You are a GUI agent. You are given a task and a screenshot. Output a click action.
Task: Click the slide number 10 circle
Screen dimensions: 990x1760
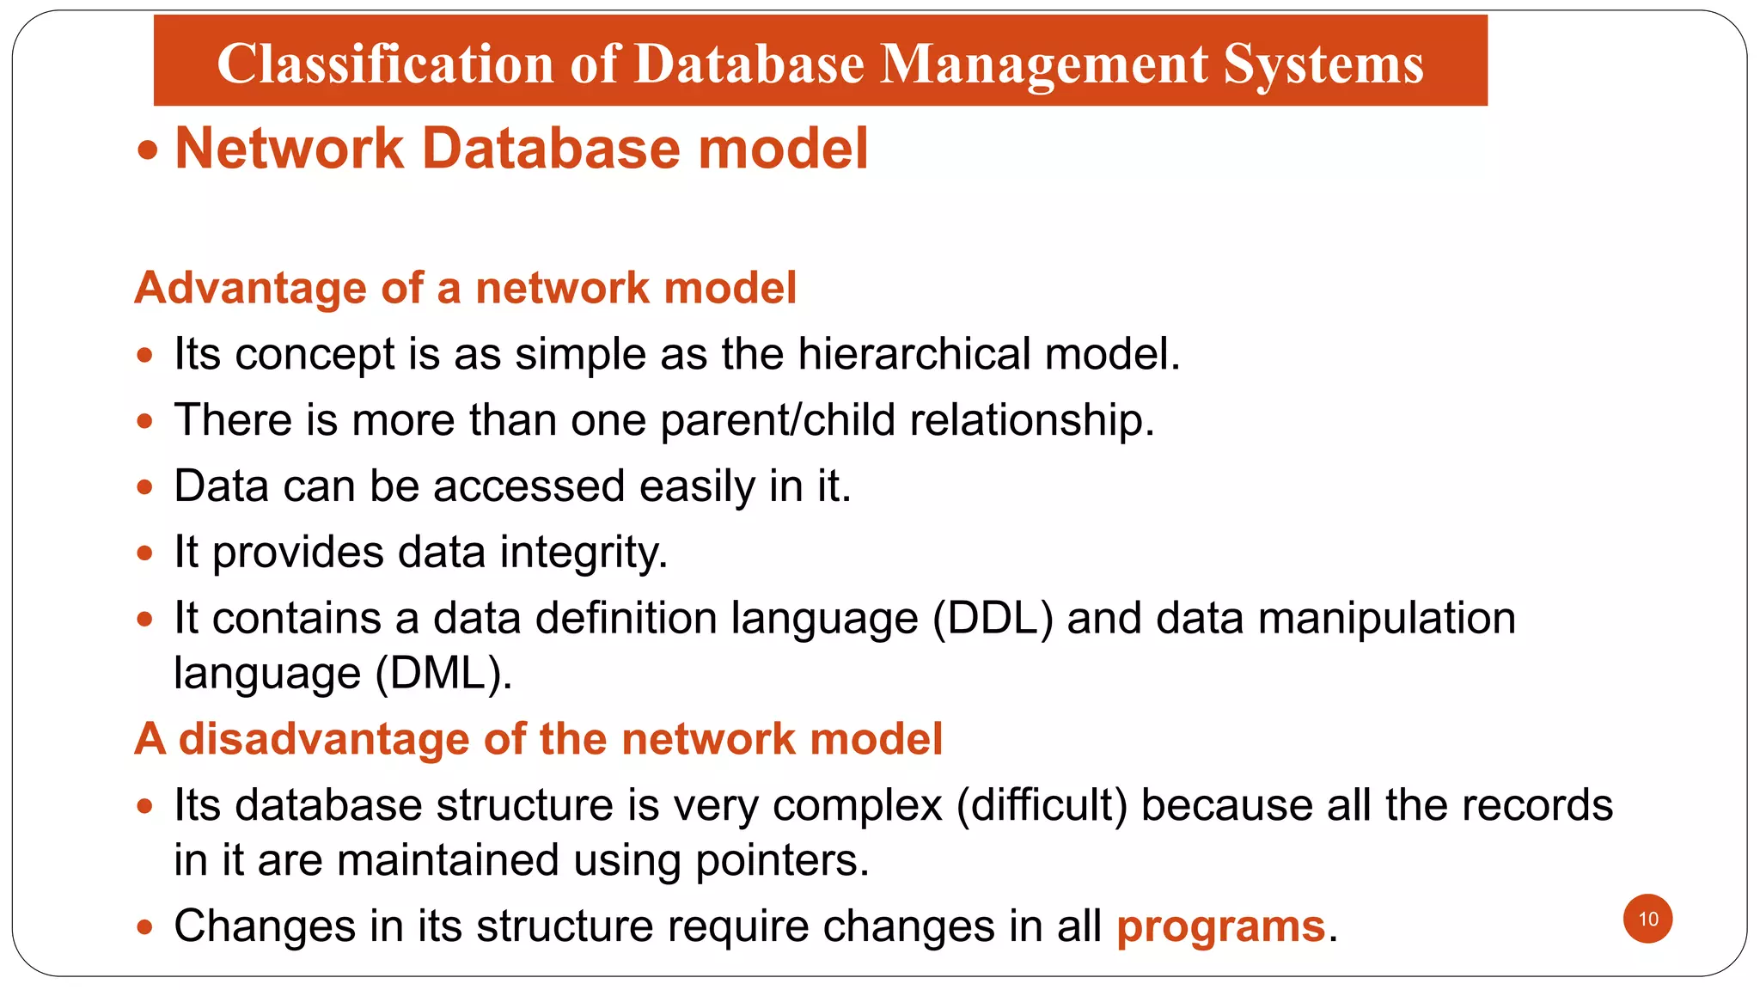(1647, 919)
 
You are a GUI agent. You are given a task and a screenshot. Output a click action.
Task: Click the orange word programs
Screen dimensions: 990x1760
(1220, 927)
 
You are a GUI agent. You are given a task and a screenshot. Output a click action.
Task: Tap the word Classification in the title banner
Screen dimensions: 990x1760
(384, 64)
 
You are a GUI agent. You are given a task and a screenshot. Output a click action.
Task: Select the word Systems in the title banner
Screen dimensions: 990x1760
(1323, 64)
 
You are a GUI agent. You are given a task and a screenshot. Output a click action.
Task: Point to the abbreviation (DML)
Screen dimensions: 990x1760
(443, 673)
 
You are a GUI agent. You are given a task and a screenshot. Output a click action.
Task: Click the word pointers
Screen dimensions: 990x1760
(782, 861)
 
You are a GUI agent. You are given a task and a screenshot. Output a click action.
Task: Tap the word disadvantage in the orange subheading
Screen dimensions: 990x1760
(323, 739)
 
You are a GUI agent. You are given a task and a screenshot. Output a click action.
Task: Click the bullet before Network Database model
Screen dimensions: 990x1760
(148, 150)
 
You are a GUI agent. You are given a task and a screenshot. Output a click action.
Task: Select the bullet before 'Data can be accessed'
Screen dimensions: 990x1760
(144, 487)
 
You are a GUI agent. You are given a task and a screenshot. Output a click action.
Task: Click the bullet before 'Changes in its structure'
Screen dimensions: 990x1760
(144, 927)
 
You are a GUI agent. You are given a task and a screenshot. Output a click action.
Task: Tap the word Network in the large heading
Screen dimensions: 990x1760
(289, 149)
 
